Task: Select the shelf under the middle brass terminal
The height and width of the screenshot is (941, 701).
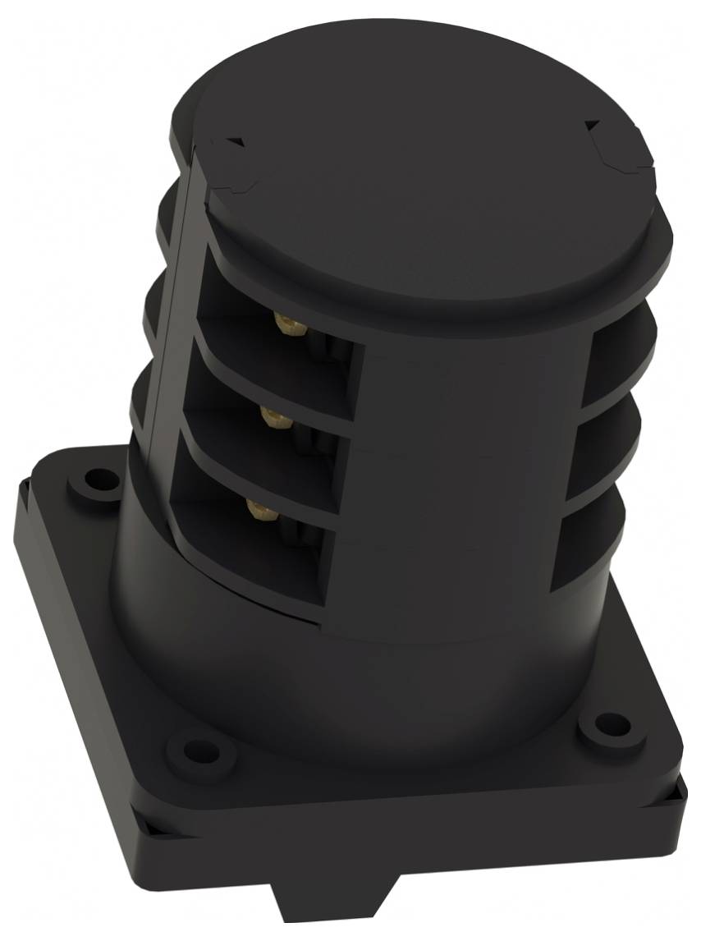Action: point(254,452)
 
